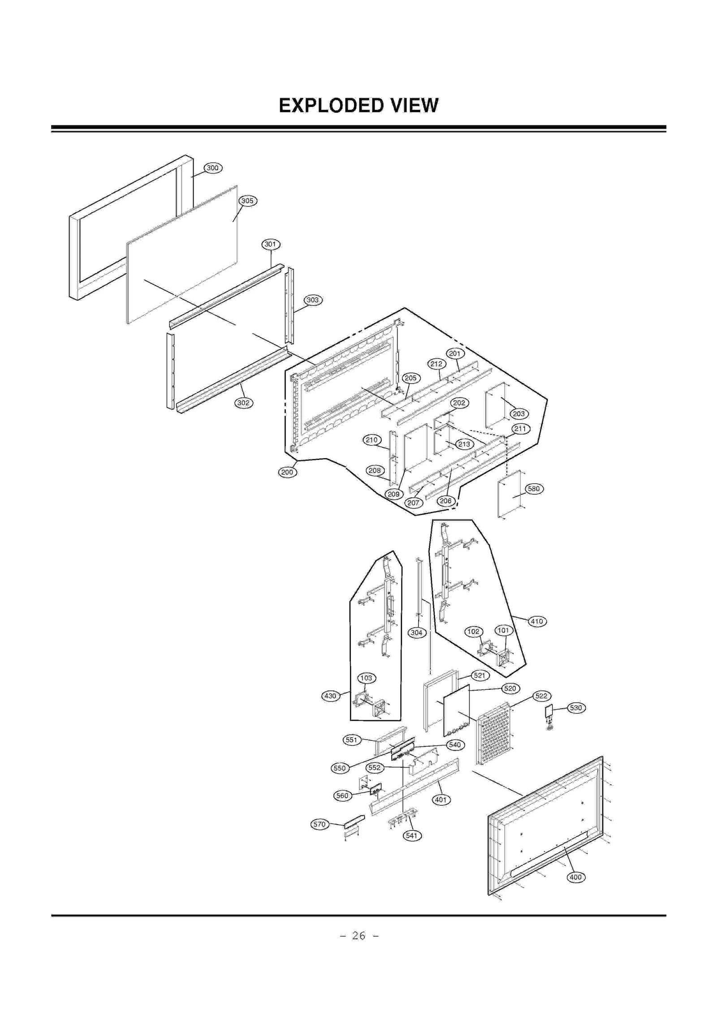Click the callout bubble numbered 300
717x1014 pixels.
point(212,168)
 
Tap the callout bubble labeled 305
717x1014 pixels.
point(247,201)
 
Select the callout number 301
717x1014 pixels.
point(270,244)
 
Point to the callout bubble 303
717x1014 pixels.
point(312,300)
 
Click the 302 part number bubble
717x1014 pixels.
point(243,403)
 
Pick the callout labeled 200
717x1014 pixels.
point(287,472)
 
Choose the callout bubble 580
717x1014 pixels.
point(533,489)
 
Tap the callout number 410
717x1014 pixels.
point(536,621)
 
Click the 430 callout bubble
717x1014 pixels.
point(330,696)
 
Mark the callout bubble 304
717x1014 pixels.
point(416,632)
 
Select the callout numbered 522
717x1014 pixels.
point(541,696)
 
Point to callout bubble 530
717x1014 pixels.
point(576,708)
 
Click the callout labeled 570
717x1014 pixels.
point(319,824)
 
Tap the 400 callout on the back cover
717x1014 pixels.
point(575,889)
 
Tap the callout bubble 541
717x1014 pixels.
point(411,835)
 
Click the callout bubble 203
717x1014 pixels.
point(518,413)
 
